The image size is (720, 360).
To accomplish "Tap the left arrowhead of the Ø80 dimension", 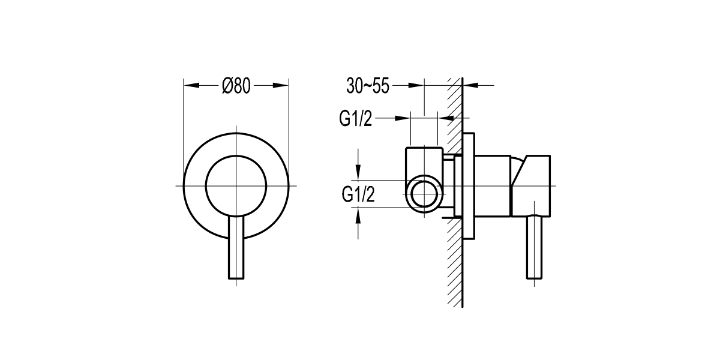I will tap(191, 86).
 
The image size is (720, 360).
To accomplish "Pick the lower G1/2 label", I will tap(358, 194).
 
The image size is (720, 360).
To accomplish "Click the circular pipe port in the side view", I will tap(425, 194).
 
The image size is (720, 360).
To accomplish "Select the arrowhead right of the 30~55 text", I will tap(416, 86).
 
